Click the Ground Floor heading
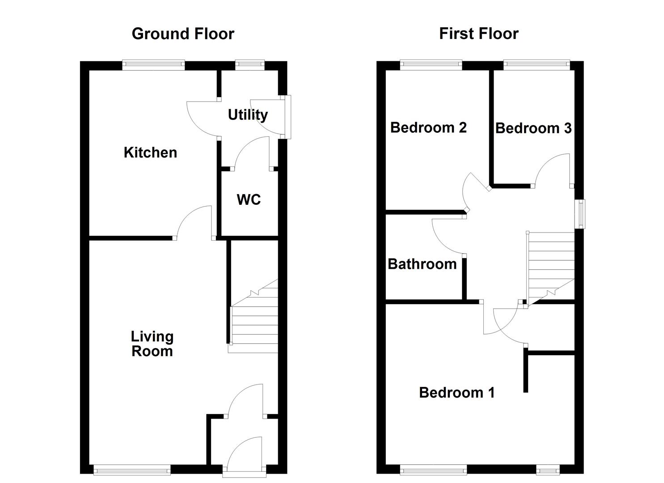(x=183, y=34)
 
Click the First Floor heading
(x=478, y=34)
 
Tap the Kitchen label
(x=150, y=153)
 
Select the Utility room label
(x=248, y=115)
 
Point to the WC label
(x=249, y=199)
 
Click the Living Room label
(x=152, y=343)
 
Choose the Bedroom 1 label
(x=457, y=393)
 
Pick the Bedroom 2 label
(x=428, y=128)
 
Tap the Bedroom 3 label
(x=533, y=128)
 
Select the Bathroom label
(x=422, y=264)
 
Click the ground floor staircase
(x=254, y=320)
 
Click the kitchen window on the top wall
(x=153, y=65)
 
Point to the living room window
(x=132, y=470)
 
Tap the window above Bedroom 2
(x=431, y=65)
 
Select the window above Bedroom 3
(x=537, y=65)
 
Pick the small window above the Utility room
(x=250, y=65)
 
